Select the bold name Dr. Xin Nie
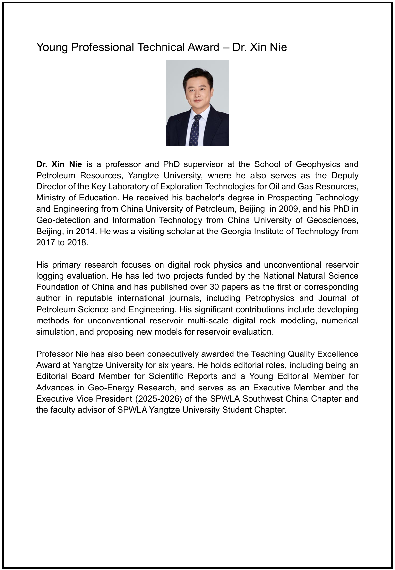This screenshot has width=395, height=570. point(59,164)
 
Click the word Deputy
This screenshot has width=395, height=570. point(345,175)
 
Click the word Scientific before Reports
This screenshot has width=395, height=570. point(167,376)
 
